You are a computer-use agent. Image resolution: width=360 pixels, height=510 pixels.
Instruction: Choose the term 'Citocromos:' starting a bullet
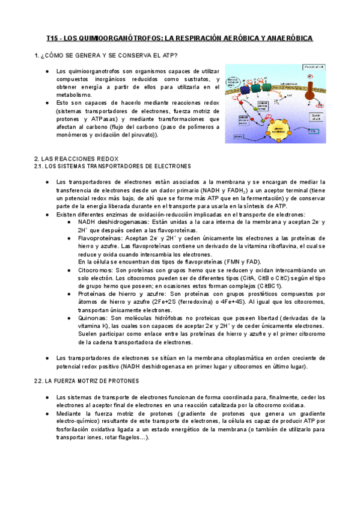[x=95, y=271]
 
